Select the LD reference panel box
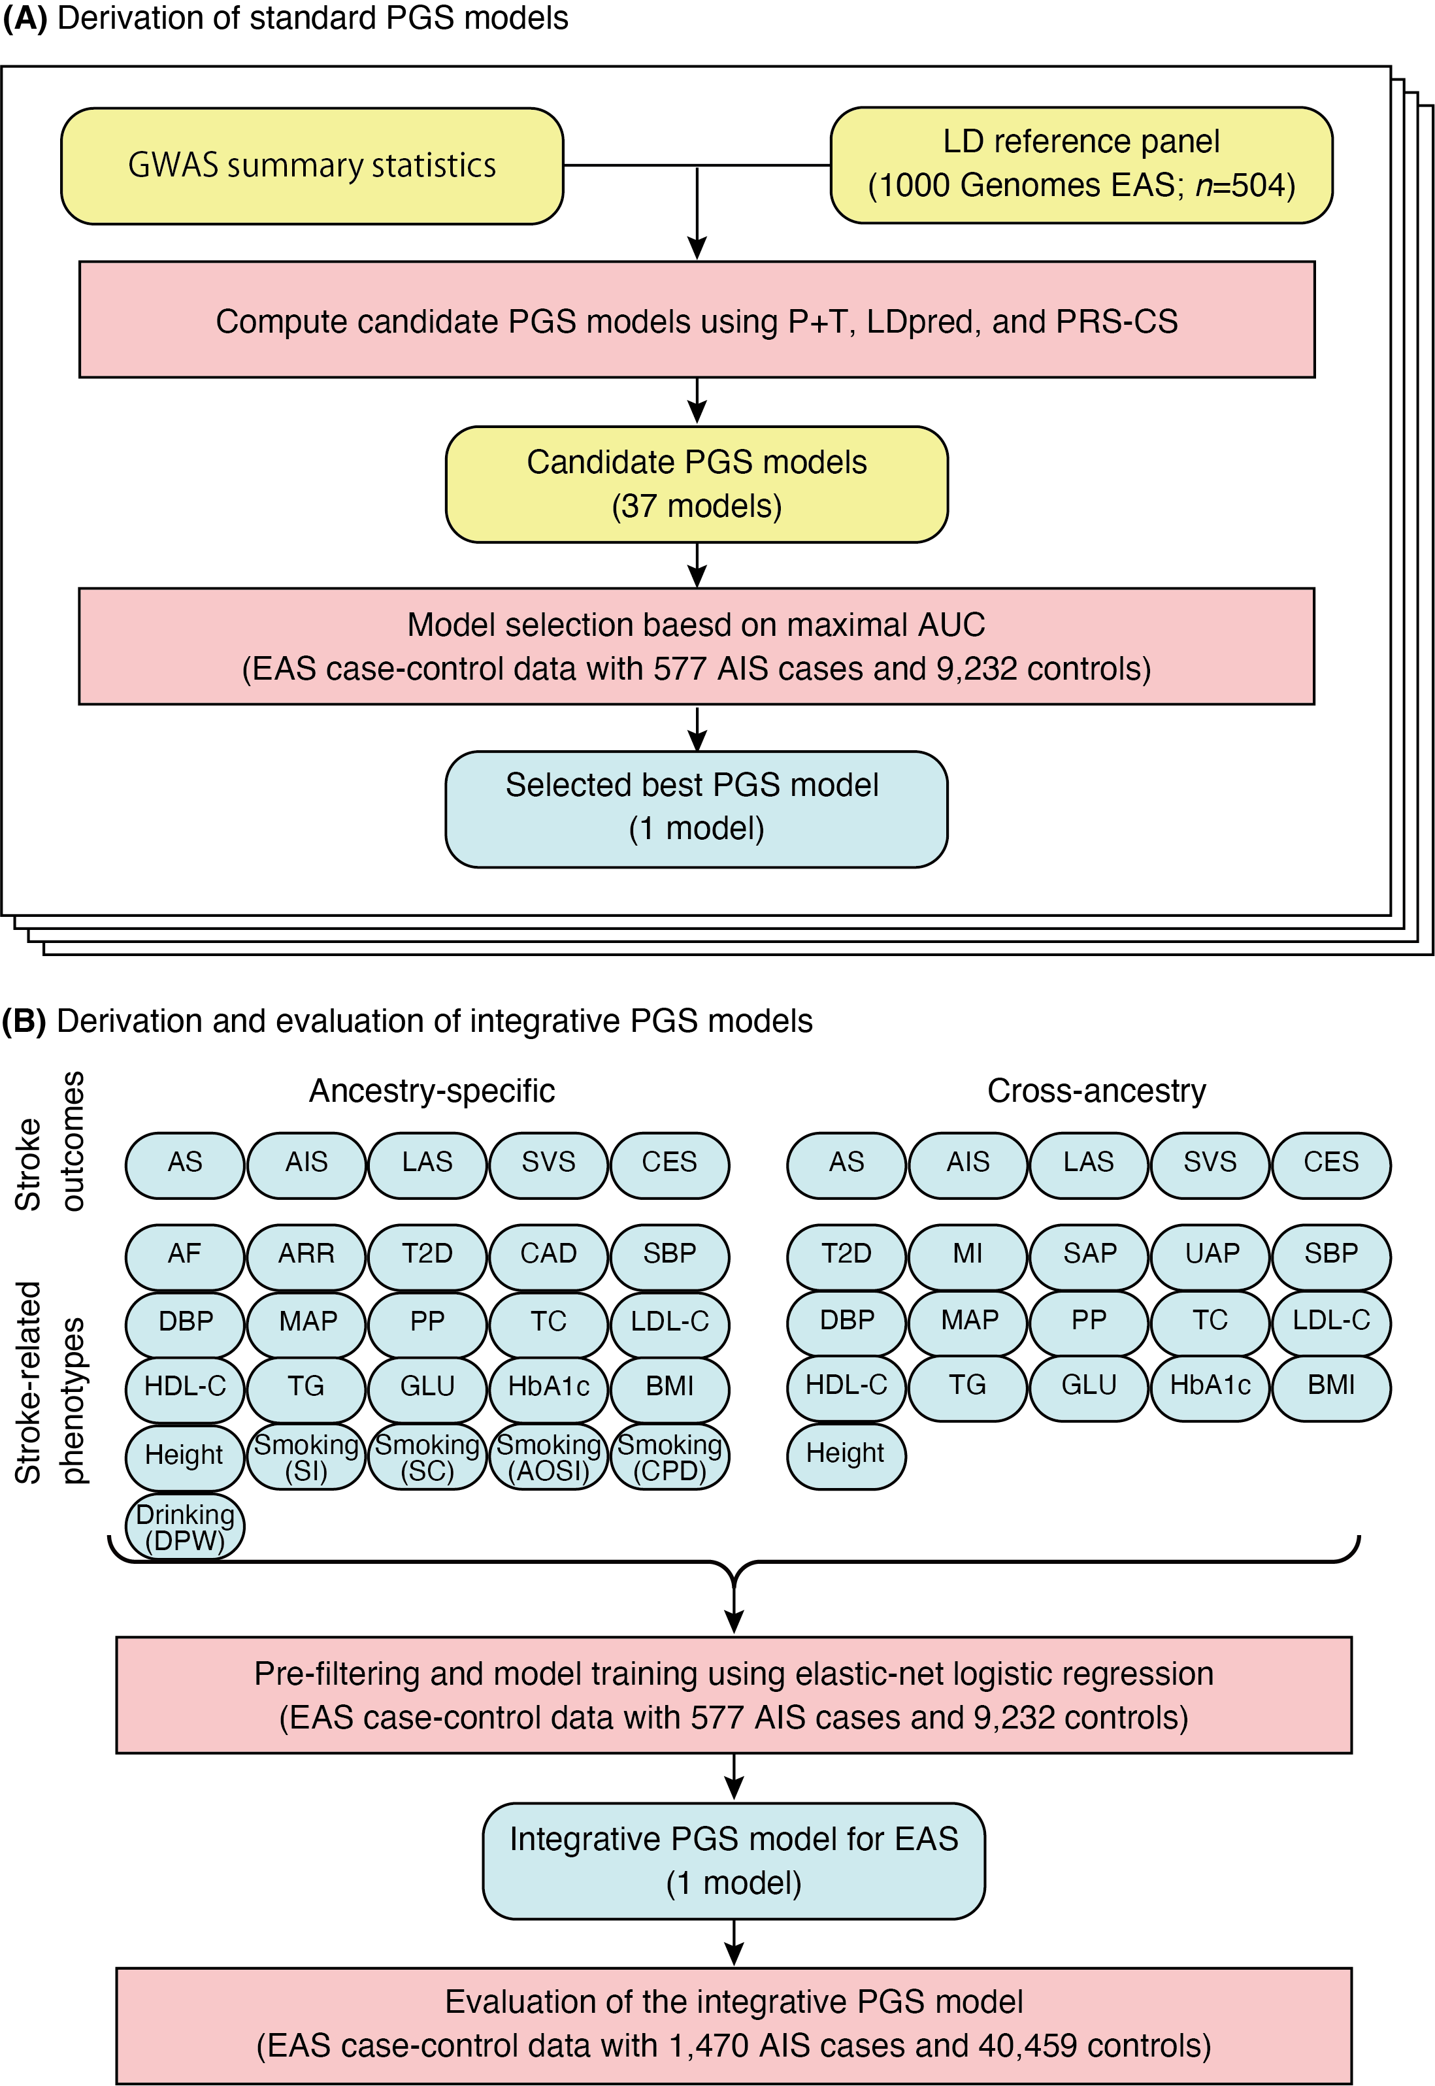point(1081,165)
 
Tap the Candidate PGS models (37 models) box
point(696,484)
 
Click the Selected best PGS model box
point(696,808)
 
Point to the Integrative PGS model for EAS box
point(734,1861)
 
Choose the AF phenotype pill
point(184,1255)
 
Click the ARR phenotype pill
point(306,1255)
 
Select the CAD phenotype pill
point(548,1255)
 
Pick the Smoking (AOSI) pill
point(548,1457)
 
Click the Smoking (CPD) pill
point(670,1457)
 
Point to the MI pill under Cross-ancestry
point(968,1255)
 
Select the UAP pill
point(1211,1255)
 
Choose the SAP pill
point(1089,1255)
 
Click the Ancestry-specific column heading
point(431,1091)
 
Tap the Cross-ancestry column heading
point(1096,1091)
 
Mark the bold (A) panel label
point(24,18)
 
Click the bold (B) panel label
point(24,1021)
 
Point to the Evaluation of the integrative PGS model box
point(734,2024)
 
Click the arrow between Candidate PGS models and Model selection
point(697,565)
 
